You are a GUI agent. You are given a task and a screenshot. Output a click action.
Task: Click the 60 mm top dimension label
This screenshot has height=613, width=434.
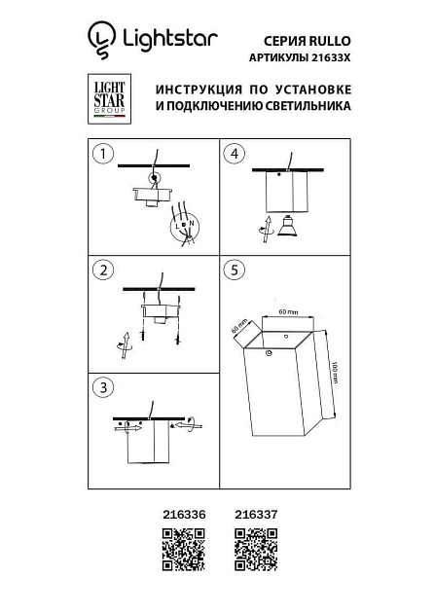coord(287,311)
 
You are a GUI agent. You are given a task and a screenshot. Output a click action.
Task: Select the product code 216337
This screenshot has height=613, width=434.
coord(254,518)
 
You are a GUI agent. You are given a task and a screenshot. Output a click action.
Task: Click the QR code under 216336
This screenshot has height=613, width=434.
coord(182,549)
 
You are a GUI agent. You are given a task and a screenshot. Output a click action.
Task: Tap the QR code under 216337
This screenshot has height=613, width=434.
coord(257,549)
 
